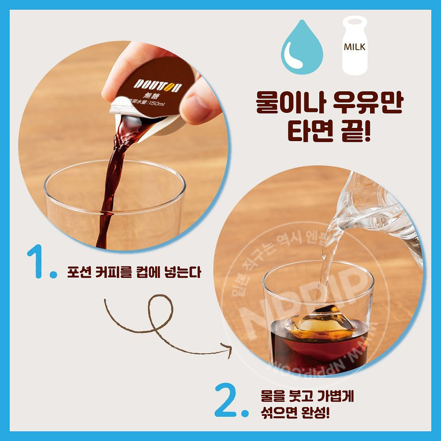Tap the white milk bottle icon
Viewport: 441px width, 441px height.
tap(355, 46)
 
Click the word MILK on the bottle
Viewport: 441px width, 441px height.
tap(355, 47)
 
